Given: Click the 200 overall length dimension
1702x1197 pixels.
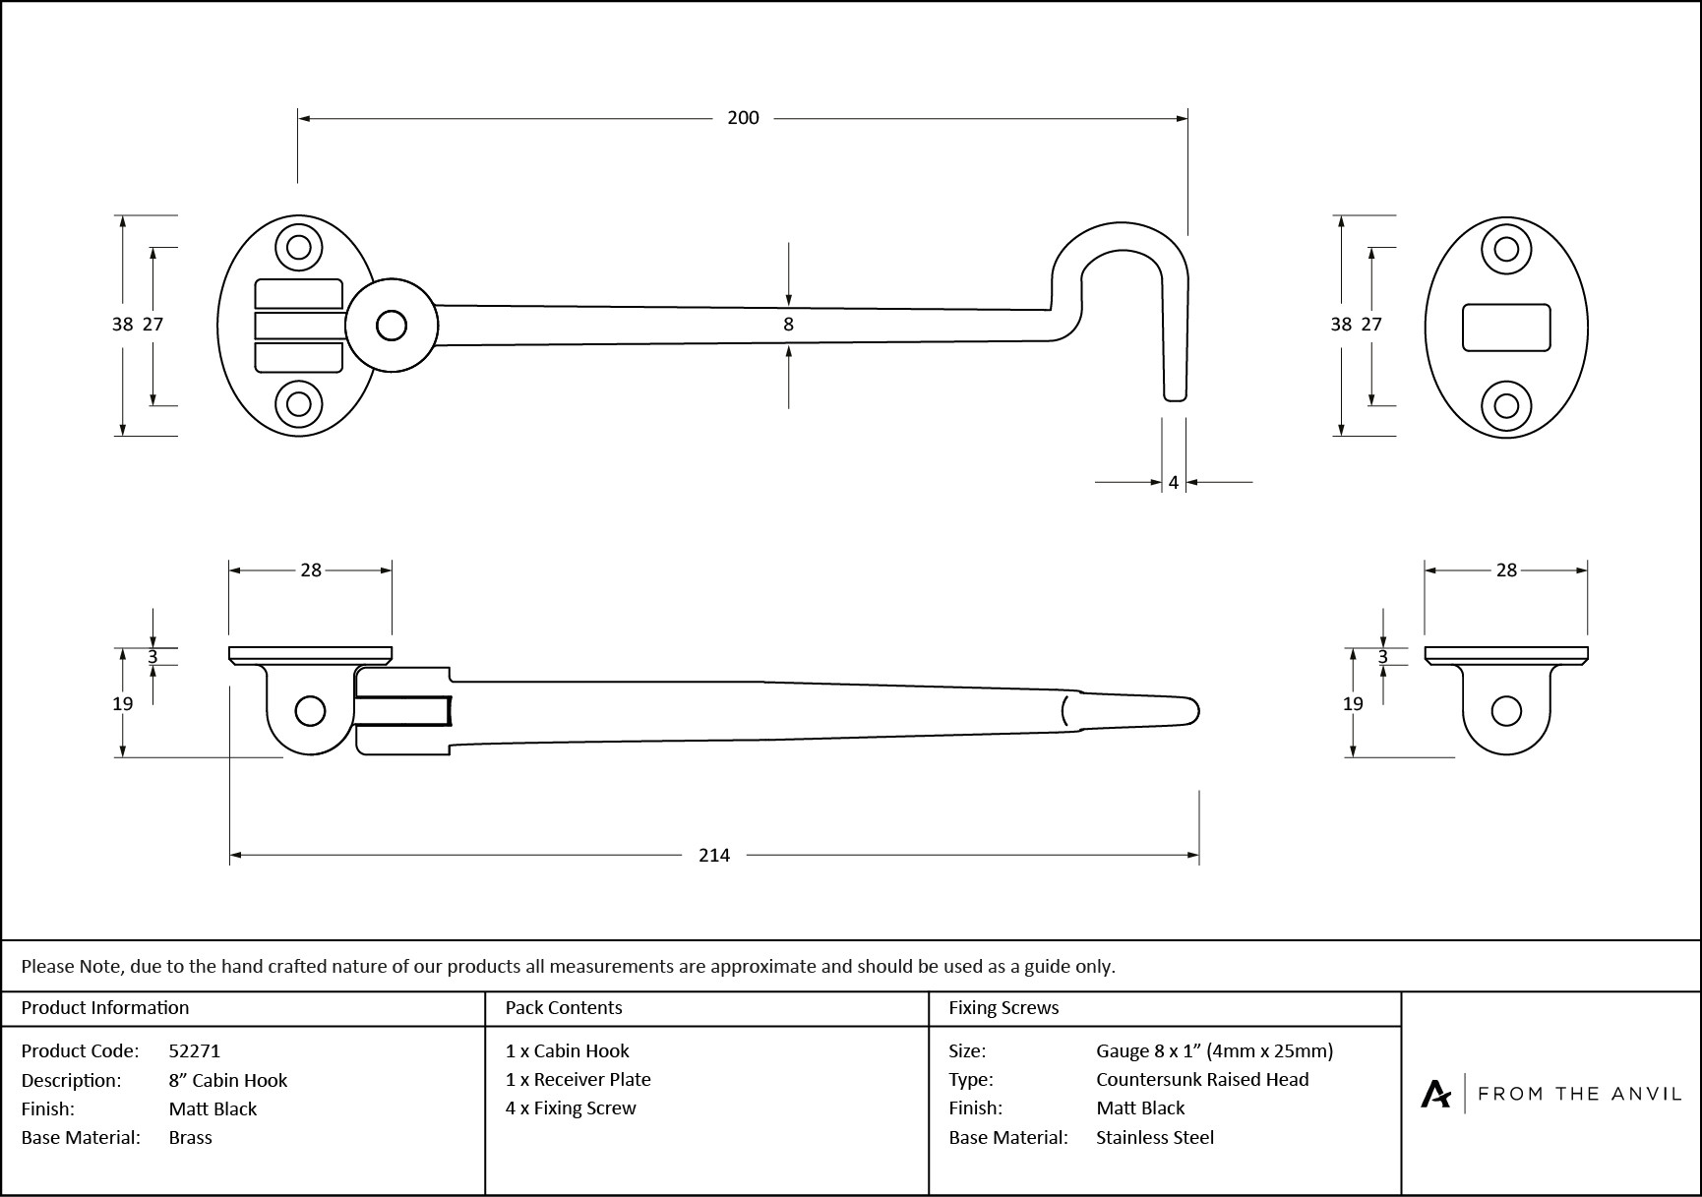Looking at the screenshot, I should point(743,118).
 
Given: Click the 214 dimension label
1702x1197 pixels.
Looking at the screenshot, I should point(713,856).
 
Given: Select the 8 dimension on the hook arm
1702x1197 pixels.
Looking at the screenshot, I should point(788,324).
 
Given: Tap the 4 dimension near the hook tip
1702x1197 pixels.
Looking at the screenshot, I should point(1174,483).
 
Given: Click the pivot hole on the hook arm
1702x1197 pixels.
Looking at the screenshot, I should point(392,326).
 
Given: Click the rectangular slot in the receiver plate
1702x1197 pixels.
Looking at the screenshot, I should point(1506,328).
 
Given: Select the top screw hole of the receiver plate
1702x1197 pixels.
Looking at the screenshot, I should point(1506,248).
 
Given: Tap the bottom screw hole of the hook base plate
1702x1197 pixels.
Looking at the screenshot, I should point(299,404).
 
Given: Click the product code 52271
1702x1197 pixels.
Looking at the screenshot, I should point(195,1051).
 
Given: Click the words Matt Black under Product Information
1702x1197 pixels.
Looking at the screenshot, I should point(213,1109).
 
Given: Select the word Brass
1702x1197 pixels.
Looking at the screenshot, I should point(191,1138).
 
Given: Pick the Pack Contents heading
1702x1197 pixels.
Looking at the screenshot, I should point(564,1008).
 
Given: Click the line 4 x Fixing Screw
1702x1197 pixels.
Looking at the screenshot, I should point(571,1108).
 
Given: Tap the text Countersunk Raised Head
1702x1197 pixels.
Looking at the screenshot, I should point(1202,1080).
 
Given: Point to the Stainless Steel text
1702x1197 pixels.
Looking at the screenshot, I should point(1155,1138).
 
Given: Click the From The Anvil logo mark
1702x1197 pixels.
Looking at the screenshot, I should point(1435,1094).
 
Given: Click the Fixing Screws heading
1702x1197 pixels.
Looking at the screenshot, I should point(1003,1008).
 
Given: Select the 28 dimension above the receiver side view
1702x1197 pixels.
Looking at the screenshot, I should point(1506,570).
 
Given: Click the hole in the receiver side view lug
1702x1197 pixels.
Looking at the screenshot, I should point(1506,710).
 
